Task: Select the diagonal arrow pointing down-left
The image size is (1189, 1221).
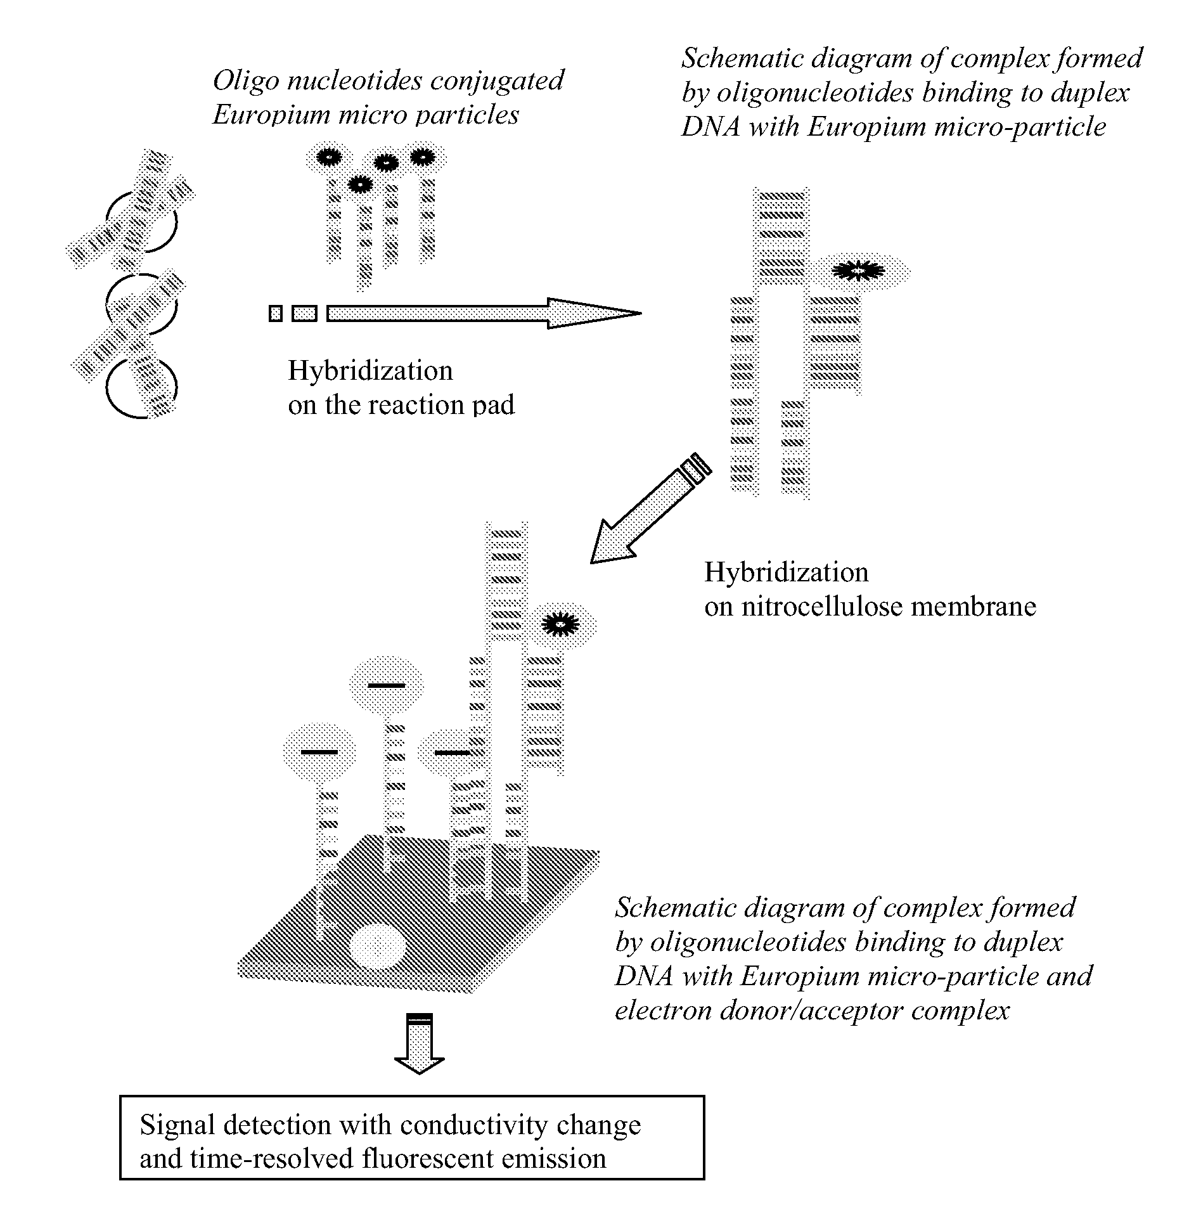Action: tap(650, 507)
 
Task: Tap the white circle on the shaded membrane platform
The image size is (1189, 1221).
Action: tap(378, 945)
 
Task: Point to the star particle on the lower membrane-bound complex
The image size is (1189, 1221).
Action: tap(560, 624)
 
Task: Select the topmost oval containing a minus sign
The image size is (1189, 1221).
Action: tap(386, 685)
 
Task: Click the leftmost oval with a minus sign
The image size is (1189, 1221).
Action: tap(319, 752)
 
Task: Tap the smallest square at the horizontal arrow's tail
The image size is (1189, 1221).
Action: tap(275, 313)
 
